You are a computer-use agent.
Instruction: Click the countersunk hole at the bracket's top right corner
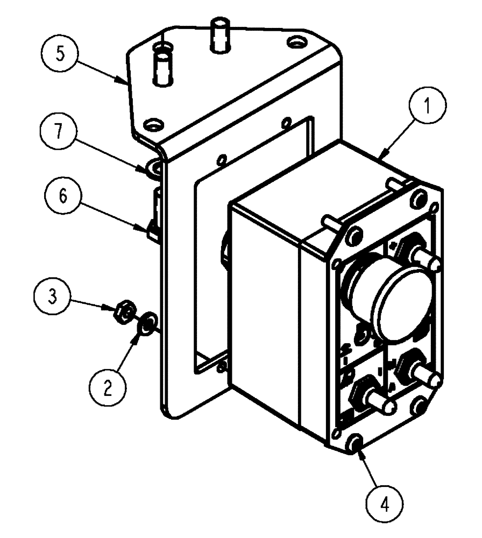pos(295,41)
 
